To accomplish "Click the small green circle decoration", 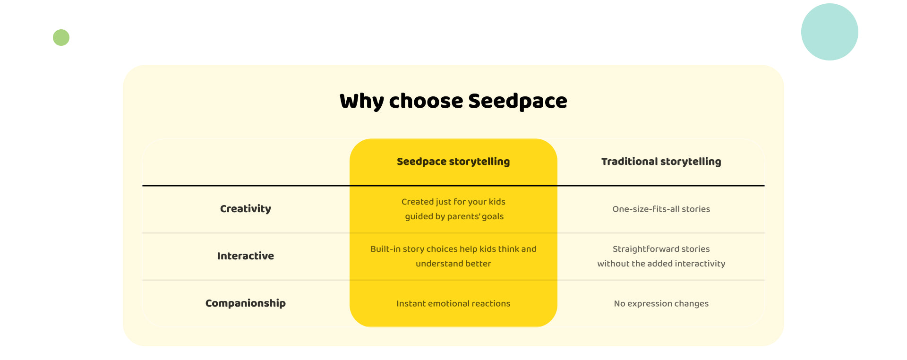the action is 61,37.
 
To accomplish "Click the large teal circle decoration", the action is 830,32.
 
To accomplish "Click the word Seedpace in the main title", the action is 518,101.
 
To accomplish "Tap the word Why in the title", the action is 361,102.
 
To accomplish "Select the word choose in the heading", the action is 426,101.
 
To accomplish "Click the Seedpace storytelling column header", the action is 453,162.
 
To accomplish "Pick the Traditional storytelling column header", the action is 661,162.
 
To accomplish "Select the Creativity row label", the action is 246,209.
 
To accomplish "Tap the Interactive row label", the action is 246,256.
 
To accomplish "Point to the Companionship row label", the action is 246,303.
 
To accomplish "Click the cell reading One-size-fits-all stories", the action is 661,209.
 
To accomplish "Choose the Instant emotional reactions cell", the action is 453,303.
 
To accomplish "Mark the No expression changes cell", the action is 661,303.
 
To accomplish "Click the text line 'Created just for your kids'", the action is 453,202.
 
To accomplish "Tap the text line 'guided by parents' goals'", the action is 454,216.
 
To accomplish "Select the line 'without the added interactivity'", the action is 661,264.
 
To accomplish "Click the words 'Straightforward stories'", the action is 661,249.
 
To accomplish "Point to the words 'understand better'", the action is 453,264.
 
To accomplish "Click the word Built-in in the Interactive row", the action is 385,249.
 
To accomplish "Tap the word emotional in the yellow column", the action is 449,303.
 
